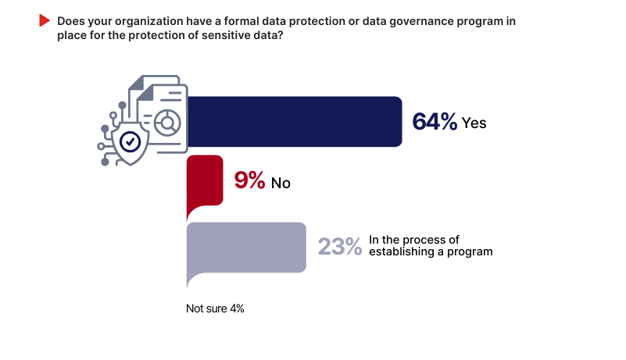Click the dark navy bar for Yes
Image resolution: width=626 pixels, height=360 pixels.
[x=297, y=122]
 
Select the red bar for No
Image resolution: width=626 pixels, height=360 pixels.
[x=205, y=180]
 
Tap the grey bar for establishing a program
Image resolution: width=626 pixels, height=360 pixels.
[x=246, y=247]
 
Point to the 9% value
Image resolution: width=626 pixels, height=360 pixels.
[x=250, y=182]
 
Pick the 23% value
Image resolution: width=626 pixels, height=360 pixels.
[x=339, y=247]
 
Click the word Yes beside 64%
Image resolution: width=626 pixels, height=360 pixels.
[x=474, y=123]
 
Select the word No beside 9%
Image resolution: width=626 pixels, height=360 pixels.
[x=281, y=184]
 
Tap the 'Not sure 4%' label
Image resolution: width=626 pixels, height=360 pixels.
[x=215, y=308]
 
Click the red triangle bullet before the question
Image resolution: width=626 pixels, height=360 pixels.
[x=44, y=21]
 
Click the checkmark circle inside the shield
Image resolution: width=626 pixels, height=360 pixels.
[x=129, y=141]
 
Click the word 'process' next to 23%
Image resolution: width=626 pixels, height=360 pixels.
[x=424, y=240]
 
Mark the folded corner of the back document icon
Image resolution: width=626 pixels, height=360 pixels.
[x=138, y=81]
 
